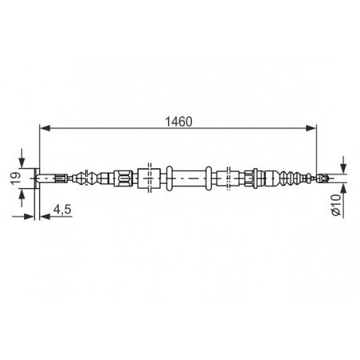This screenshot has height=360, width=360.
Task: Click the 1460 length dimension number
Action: pyautogui.click(x=178, y=122)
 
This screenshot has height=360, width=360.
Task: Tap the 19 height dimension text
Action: pyautogui.click(x=15, y=178)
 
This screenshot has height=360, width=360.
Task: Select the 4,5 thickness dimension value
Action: pyautogui.click(x=62, y=209)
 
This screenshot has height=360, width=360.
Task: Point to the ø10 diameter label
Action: pyautogui.click(x=335, y=205)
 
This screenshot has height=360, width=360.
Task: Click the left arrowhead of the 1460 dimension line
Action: pyautogui.click(x=45, y=128)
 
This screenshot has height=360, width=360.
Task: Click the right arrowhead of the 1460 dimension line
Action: pyautogui.click(x=311, y=128)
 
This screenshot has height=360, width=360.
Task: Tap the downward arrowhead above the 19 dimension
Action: pyautogui.click(x=22, y=162)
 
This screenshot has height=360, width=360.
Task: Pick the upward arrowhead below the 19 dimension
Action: pyautogui.click(x=22, y=194)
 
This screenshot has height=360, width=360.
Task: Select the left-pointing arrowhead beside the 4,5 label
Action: pyautogui.click(x=45, y=217)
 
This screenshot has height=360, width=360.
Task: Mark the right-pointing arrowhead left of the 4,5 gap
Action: pyautogui.click(x=29, y=217)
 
